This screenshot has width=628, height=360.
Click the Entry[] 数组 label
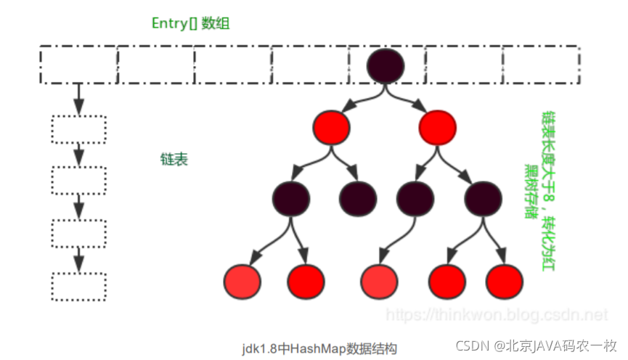tap(190, 23)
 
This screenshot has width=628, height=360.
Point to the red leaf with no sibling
tap(378, 279)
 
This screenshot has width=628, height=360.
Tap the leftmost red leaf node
tap(242, 279)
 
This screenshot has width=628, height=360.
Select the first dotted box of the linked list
tap(78, 129)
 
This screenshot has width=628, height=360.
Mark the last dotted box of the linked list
tap(78, 286)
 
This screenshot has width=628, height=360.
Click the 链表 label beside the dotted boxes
tap(174, 160)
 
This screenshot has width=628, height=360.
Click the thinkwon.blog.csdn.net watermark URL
tap(497, 315)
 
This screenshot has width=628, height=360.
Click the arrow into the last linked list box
tap(78, 258)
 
